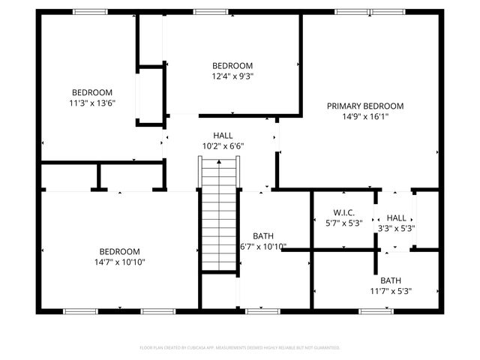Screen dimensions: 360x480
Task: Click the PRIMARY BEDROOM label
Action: coord(364,106)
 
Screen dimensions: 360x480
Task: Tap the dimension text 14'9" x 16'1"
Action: coord(364,116)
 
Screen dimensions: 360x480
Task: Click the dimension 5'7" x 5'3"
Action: coord(344,223)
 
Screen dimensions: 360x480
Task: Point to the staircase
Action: coord(217,217)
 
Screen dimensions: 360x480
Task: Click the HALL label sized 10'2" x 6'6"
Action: coord(223,135)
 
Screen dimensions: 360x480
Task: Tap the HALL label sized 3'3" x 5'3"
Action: coord(396,217)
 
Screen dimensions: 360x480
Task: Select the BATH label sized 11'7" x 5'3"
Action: coord(390,280)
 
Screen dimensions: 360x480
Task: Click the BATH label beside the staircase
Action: coord(262,235)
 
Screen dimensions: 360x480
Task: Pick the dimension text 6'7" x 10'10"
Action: coord(262,246)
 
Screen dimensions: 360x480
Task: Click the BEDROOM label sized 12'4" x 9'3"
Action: coord(232,65)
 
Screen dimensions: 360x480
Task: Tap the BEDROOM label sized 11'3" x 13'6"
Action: coord(92,92)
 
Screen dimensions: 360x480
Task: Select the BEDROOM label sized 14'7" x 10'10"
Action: coord(120,251)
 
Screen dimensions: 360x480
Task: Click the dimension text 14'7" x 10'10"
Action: coord(120,262)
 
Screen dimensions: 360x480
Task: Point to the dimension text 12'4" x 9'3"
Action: coord(232,76)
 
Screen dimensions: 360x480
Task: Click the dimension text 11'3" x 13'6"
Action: coord(92,103)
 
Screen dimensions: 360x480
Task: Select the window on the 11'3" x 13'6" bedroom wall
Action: coord(90,12)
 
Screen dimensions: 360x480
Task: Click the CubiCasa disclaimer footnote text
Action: coord(240,347)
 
